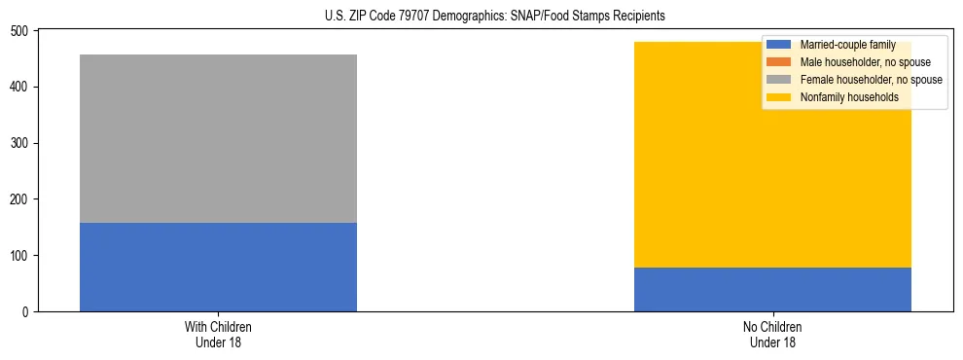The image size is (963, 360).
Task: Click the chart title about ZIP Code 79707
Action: click(x=481, y=17)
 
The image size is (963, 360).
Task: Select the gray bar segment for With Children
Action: click(x=218, y=138)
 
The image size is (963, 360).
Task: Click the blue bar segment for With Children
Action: click(x=218, y=267)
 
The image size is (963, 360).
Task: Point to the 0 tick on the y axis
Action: click(x=27, y=311)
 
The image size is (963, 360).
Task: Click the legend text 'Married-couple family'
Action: click(x=847, y=45)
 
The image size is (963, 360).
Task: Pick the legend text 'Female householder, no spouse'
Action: click(x=871, y=80)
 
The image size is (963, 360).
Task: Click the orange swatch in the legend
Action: click(x=779, y=62)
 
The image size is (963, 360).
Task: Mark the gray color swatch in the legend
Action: click(x=779, y=80)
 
